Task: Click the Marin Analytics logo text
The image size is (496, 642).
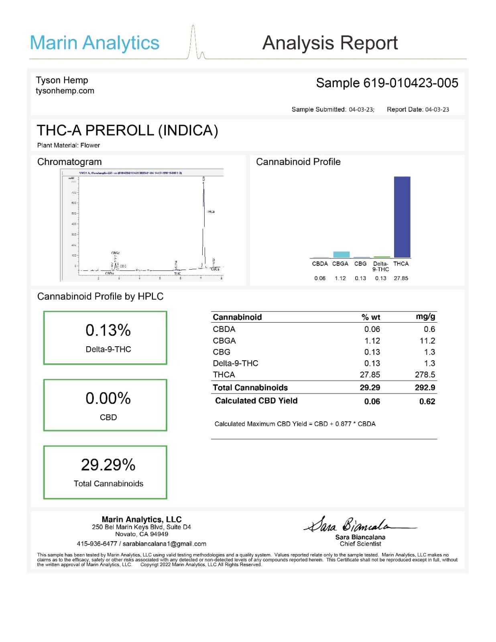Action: click(95, 43)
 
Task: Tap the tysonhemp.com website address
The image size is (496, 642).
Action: click(65, 91)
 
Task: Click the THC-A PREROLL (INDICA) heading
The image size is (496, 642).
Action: click(127, 130)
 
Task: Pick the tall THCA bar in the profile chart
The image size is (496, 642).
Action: click(402, 217)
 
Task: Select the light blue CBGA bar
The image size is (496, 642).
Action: click(341, 254)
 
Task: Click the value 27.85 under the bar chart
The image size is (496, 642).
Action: click(401, 278)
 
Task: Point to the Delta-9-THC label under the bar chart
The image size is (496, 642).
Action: click(380, 266)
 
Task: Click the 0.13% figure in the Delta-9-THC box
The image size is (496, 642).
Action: click(108, 330)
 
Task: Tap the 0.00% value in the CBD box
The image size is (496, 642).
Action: click(108, 398)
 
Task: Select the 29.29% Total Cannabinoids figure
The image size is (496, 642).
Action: click(108, 465)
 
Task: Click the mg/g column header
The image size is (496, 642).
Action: click(425, 317)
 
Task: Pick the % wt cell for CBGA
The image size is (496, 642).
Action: click(372, 341)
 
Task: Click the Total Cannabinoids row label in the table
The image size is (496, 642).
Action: click(250, 388)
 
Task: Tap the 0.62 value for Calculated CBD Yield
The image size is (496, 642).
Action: click(427, 401)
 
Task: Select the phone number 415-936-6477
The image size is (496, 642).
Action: click(97, 544)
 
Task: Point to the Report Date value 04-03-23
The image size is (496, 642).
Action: click(437, 110)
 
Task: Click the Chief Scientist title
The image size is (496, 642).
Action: click(360, 544)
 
